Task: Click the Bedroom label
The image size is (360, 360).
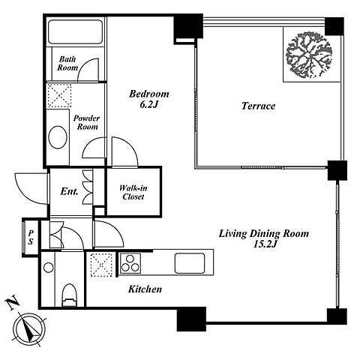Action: coord(149,94)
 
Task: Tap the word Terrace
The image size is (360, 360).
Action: coord(258,106)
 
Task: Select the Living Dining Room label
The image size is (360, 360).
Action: coord(264,233)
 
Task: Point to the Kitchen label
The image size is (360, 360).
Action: coord(145,289)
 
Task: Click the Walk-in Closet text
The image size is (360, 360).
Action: coord(133,192)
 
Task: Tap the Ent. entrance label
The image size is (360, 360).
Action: coord(70,191)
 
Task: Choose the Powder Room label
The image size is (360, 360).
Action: coord(86,122)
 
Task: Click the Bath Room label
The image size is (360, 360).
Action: coord(67,63)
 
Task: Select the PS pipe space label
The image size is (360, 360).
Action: coord(31,237)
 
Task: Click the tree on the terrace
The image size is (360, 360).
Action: coord(309,54)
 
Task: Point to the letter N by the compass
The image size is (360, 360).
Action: coord(12,303)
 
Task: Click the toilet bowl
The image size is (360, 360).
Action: coord(69,295)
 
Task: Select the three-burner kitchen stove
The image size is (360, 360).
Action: coord(130,263)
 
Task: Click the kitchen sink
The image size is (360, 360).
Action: coord(190,263)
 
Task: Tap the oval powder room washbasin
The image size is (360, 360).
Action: coord(58,137)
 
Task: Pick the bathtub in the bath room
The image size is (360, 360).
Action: coord(76,31)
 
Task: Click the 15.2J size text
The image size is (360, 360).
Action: coord(265,244)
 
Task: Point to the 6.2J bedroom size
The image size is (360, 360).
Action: coord(148,104)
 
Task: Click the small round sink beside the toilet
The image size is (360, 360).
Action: coord(49,268)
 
